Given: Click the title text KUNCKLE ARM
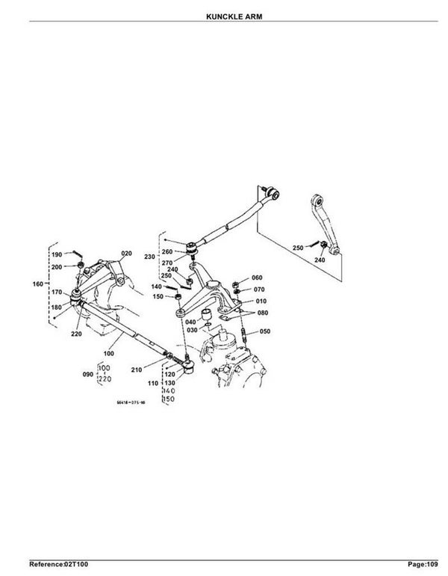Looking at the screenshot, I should pos(223,14).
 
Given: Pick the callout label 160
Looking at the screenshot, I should pos(40,284).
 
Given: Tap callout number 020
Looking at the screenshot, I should pos(125,254).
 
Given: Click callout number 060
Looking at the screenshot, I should pos(258,278).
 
